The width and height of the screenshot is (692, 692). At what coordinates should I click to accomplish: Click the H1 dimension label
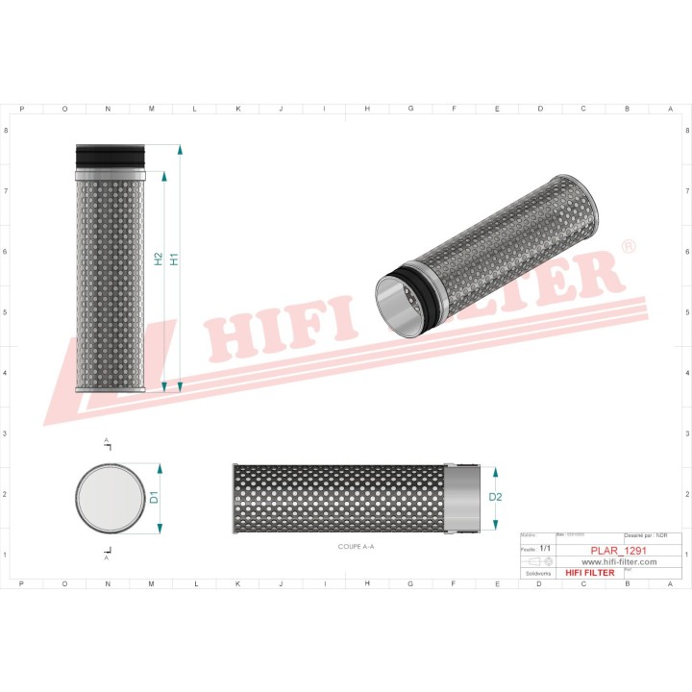click(x=174, y=259)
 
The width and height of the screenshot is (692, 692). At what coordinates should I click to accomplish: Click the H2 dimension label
click(x=159, y=259)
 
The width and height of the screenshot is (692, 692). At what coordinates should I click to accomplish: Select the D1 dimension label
click(x=153, y=497)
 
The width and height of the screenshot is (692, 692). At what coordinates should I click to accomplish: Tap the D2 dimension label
click(x=495, y=497)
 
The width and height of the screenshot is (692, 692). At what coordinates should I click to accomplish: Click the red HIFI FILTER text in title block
click(x=589, y=573)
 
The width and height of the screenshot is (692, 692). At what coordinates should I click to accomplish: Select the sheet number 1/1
click(x=546, y=547)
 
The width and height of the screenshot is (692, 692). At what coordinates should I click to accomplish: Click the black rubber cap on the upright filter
click(x=110, y=155)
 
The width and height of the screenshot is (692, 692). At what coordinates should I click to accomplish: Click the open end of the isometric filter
click(x=397, y=305)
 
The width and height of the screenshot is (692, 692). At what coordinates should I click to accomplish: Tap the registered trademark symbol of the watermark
click(x=629, y=247)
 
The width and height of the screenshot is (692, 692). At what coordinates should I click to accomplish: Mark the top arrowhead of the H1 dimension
click(x=180, y=150)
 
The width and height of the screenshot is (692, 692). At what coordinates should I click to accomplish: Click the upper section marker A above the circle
click(x=107, y=445)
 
